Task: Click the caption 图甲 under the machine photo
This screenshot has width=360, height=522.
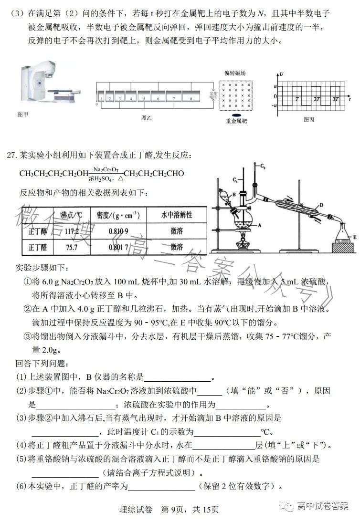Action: tap(22, 115)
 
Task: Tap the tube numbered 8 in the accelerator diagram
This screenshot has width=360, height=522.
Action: tap(191, 98)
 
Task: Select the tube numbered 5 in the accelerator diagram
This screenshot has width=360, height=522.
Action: tap(143, 98)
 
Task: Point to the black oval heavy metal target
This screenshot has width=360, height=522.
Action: tap(236, 115)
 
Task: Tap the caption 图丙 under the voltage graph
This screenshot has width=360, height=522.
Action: tap(309, 119)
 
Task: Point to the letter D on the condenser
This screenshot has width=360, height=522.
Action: tap(321, 206)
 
